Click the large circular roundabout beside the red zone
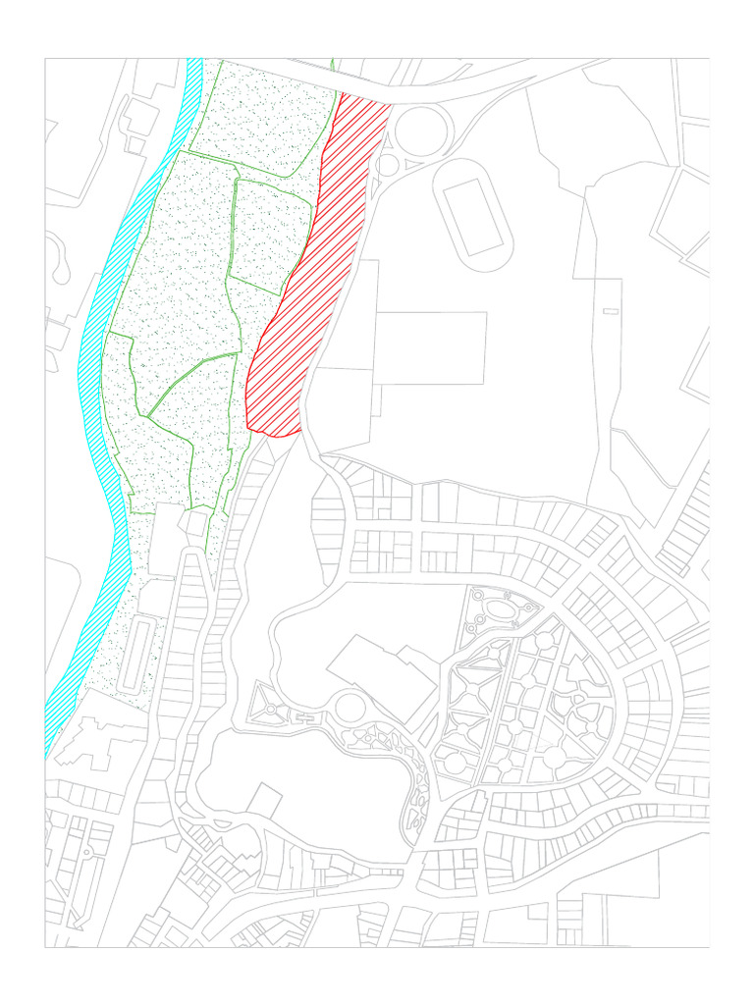[x=422, y=129]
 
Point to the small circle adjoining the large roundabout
[x=389, y=164]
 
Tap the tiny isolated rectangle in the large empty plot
[x=611, y=311]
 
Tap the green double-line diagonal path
[x=191, y=378]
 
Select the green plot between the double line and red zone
[x=270, y=236]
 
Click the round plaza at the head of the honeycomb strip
[x=350, y=706]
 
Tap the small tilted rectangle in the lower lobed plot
[x=264, y=799]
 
